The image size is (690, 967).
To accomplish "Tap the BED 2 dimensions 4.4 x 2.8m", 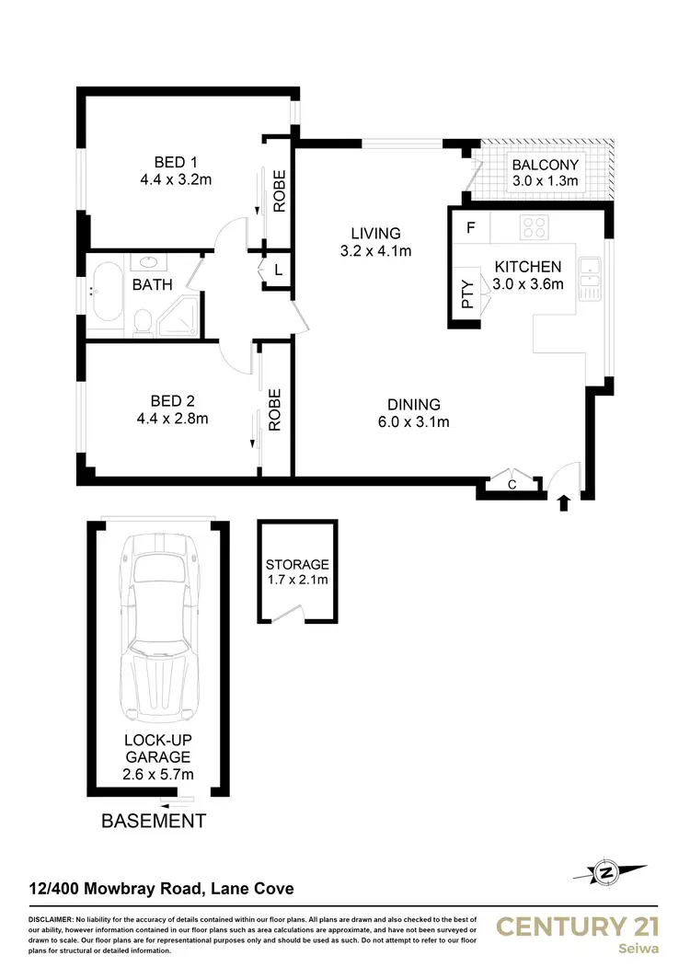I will tap(172, 420).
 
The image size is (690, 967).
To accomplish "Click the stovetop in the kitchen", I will tap(535, 226).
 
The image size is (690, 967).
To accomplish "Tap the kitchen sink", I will tap(589, 274).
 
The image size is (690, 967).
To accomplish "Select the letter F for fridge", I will tap(470, 227).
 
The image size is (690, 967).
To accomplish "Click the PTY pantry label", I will tap(467, 294).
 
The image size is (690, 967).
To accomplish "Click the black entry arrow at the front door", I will tap(564, 502).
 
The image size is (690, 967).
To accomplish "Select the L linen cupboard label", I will tap(277, 271).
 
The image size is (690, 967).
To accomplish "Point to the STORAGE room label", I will tap(297, 564).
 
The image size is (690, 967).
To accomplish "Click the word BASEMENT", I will tap(153, 820).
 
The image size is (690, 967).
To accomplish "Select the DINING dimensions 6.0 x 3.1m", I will tap(414, 422).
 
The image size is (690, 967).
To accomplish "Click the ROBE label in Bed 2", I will tap(274, 409).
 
